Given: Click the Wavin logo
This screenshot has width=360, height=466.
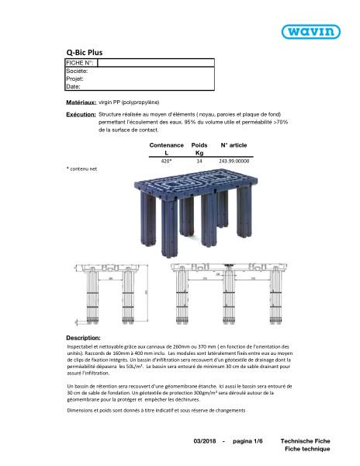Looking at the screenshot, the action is coord(313,32).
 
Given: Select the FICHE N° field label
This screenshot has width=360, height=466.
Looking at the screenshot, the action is coord(80,62).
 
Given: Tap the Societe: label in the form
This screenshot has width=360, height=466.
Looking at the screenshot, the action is coord(77,71).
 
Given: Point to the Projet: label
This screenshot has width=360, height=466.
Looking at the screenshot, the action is coord(74,78).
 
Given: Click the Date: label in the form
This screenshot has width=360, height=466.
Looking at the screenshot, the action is coord(73,86).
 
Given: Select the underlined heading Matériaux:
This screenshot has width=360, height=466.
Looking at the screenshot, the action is coord(80,102).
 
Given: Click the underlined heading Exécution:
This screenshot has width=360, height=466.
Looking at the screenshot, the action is coord(81,114).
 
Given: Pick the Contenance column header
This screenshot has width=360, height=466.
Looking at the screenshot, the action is coord(165,145).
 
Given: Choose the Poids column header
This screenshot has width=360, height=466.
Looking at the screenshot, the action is coord(199,145).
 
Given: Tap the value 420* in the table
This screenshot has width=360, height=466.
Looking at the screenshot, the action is coord(165,161).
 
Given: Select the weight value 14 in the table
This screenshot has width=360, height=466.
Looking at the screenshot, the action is coord(199,161).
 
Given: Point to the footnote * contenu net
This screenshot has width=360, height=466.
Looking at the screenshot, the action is coord(81,168).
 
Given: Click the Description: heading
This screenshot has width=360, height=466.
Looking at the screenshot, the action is coord(83,339).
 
